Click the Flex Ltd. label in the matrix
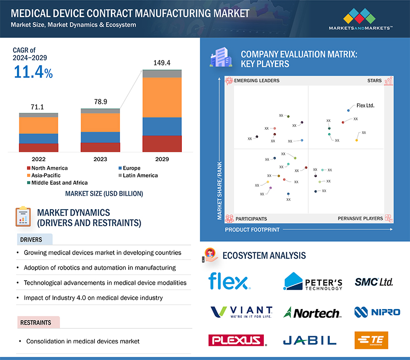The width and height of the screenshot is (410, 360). (366, 105)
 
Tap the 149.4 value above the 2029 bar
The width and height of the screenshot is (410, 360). (162, 63)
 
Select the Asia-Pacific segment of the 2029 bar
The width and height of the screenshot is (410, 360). (162, 97)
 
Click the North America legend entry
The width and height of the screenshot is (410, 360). (49, 168)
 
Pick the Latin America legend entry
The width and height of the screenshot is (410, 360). (140, 175)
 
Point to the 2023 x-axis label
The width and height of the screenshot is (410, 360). (100, 159)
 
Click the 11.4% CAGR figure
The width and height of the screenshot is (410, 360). (33, 72)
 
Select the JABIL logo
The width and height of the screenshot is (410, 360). (310, 340)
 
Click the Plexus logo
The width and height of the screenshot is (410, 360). (237, 340)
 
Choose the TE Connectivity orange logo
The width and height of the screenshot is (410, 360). (371, 340)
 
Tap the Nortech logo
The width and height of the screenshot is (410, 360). (312, 313)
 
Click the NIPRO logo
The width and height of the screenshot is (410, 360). (377, 312)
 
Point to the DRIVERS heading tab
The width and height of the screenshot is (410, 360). (31, 239)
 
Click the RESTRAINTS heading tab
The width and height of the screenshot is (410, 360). (36, 323)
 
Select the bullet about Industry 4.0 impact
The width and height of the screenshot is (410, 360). (93, 298)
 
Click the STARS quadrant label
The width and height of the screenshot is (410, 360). (374, 81)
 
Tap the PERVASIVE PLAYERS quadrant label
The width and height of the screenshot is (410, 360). (360, 219)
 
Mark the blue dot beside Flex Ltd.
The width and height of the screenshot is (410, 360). (348, 110)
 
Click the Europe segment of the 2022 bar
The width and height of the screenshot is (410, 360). (38, 138)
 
